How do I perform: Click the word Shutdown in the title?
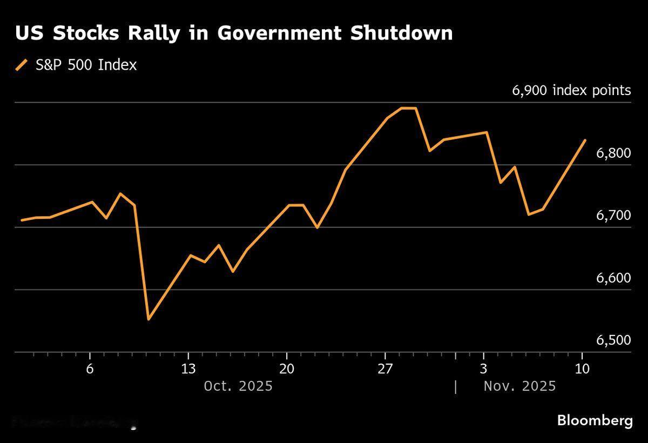[x=401, y=33]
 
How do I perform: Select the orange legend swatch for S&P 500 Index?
[x=22, y=65]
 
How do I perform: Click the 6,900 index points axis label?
[x=571, y=90]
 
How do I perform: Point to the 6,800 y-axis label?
[x=613, y=153]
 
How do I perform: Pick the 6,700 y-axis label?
[x=613, y=216]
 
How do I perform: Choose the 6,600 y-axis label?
[x=613, y=278]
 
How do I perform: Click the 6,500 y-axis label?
[x=613, y=340]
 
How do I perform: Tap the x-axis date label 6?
[x=90, y=370]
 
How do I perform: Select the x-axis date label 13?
[x=188, y=370]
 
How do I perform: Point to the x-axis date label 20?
[x=286, y=370]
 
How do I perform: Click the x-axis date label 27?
[x=385, y=370]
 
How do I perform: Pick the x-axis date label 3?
[x=483, y=370]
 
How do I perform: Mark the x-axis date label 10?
[x=582, y=370]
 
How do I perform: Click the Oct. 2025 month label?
[x=238, y=386]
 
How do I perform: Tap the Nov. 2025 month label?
[x=519, y=386]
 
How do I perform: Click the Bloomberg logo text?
[x=595, y=420]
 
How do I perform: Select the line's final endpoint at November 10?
[x=585, y=140]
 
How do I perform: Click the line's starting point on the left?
[x=22, y=220]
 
